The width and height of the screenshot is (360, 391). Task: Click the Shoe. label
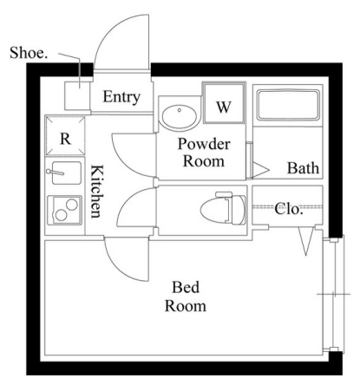[x=29, y=53]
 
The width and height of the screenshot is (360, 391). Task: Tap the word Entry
[x=121, y=97]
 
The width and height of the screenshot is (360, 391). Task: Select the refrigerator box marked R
[x=65, y=135]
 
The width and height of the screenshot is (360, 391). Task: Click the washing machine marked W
[x=224, y=103]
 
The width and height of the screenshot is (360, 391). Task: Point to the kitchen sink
[x=66, y=173]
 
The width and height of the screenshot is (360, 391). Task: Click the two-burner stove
[x=65, y=211]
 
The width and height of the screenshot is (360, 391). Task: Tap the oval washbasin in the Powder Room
[x=180, y=117]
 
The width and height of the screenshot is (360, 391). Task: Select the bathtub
[x=288, y=105]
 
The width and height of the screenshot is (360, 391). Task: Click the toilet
[x=223, y=208]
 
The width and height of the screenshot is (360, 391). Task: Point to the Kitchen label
[x=97, y=192]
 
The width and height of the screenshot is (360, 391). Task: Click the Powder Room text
[x=204, y=153]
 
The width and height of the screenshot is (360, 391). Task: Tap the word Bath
[x=303, y=168]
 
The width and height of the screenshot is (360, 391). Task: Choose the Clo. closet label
[x=289, y=209]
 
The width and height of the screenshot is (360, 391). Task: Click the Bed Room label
[x=186, y=297]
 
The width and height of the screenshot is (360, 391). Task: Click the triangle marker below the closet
[x=306, y=241]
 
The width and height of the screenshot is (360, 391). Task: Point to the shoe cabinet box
[x=77, y=95]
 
